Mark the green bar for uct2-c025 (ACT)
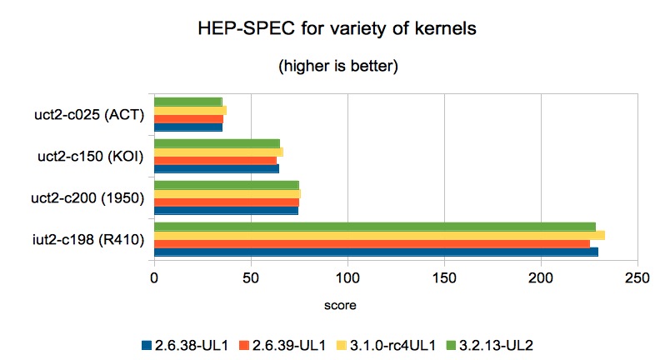[x=187, y=102]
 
